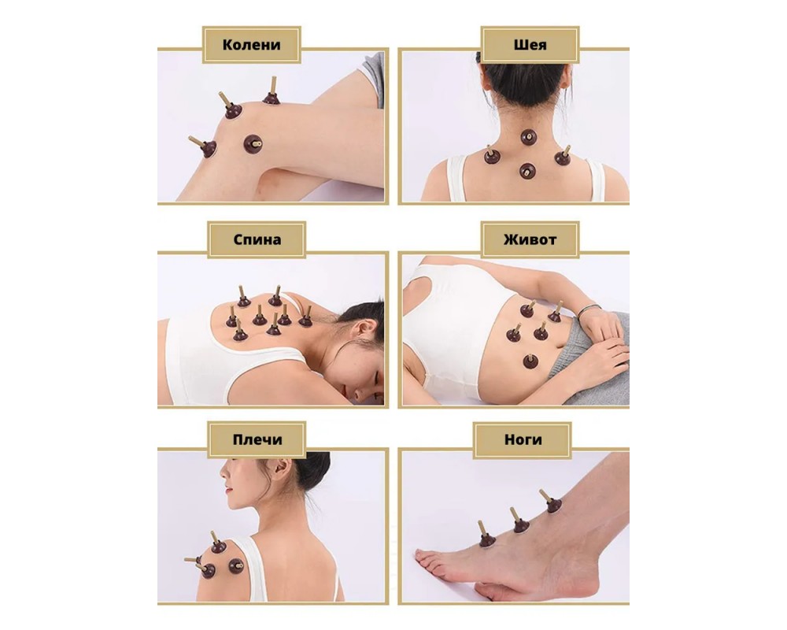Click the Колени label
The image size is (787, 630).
[252, 45]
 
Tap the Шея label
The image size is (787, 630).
[530, 45]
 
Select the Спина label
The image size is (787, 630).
[257, 239]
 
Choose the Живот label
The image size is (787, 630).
[530, 239]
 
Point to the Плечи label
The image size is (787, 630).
[257, 439]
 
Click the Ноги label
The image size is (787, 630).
[523, 439]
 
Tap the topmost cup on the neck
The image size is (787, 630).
[529, 137]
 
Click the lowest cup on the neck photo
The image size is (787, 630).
[527, 171]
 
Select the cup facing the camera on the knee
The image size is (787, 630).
[253, 144]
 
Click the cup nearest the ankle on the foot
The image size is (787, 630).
[552, 502]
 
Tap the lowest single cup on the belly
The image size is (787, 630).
[530, 360]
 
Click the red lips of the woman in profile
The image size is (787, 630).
[228, 488]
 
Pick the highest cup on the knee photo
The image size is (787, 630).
[272, 92]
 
